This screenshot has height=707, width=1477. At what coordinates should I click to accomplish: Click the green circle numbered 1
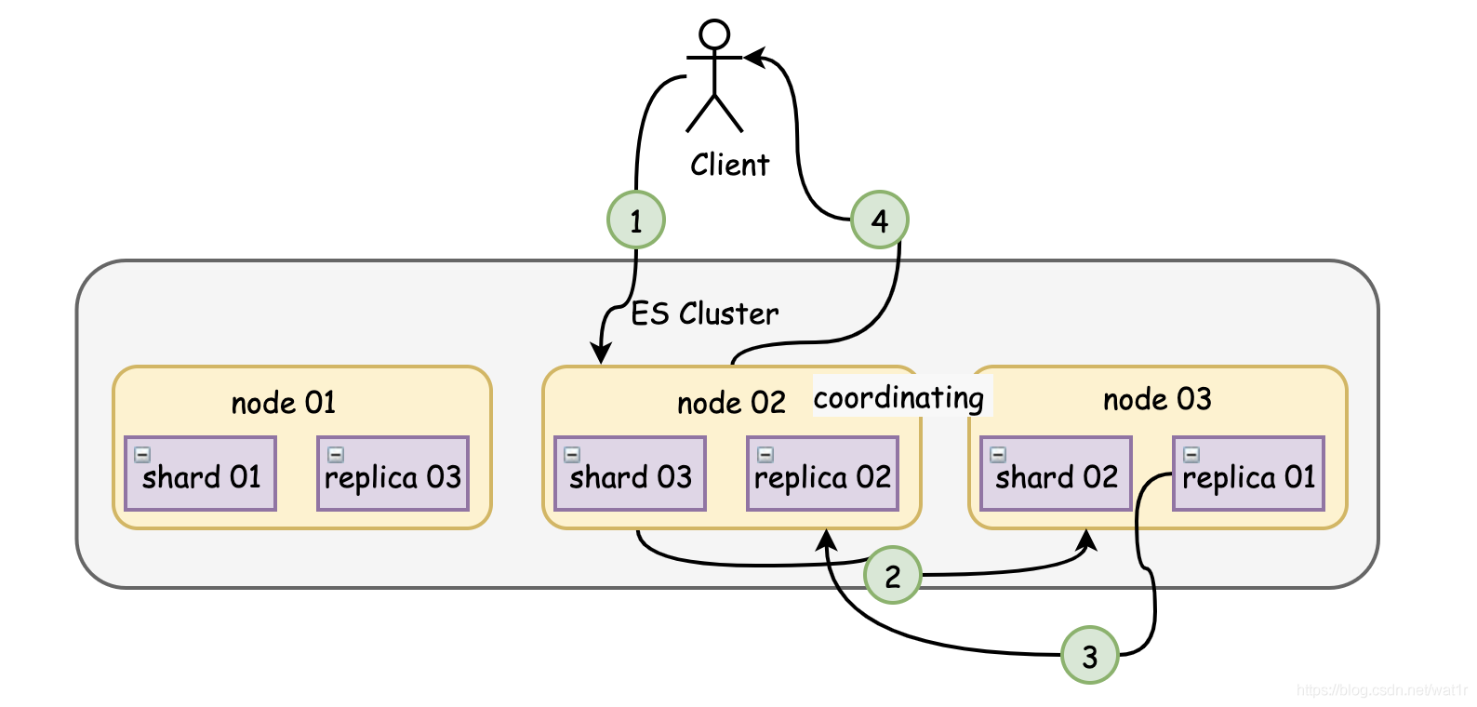(x=635, y=220)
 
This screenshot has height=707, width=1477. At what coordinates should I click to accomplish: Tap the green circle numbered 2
(x=893, y=575)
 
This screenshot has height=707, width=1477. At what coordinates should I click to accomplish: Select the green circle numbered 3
(x=1090, y=655)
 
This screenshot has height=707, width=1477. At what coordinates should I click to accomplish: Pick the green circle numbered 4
(x=880, y=220)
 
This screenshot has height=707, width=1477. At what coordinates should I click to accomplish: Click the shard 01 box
(x=201, y=474)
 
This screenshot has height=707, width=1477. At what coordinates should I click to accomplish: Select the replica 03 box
(x=393, y=474)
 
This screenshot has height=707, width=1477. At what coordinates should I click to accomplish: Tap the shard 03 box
(x=631, y=474)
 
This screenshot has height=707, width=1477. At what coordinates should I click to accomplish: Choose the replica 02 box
(x=823, y=474)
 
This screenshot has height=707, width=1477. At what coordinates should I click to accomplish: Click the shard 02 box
(x=1057, y=474)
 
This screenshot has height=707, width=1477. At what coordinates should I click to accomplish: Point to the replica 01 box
(x=1249, y=474)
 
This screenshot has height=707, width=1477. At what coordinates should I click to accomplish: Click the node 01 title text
(x=284, y=402)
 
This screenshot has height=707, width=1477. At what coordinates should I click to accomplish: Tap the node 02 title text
(x=731, y=402)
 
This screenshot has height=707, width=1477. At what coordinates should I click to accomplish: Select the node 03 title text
(x=1157, y=399)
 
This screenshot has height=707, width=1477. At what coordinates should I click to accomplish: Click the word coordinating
(x=898, y=398)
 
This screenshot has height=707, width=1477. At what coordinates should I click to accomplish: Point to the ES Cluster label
(x=704, y=313)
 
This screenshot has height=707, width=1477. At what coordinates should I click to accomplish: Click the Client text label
(x=729, y=165)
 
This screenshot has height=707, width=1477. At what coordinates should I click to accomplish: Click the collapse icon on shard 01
(x=142, y=454)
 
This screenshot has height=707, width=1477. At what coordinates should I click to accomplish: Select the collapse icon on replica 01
(x=1191, y=454)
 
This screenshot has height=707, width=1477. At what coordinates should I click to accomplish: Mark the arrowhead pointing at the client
(x=755, y=57)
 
